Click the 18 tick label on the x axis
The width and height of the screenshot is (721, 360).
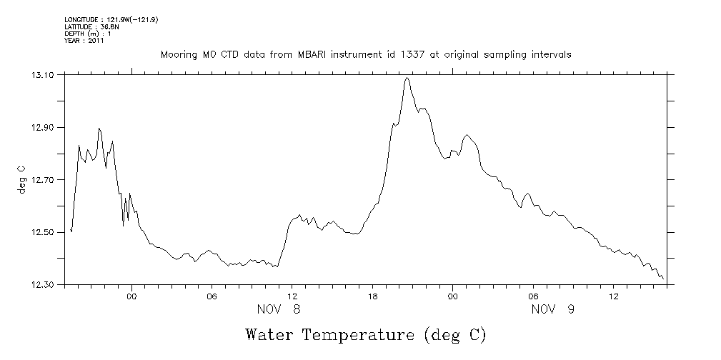click(x=372, y=295)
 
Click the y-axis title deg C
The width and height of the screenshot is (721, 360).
click(x=22, y=179)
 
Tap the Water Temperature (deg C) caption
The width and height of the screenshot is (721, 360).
click(x=364, y=334)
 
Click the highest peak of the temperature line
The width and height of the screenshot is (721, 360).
click(x=407, y=78)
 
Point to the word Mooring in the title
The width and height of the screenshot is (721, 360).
click(x=178, y=54)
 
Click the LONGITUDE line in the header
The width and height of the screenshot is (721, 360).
click(x=111, y=19)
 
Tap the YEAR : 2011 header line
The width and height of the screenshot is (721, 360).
click(x=84, y=41)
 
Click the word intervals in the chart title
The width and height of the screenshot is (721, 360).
click(x=552, y=54)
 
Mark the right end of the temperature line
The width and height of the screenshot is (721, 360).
click(x=663, y=279)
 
